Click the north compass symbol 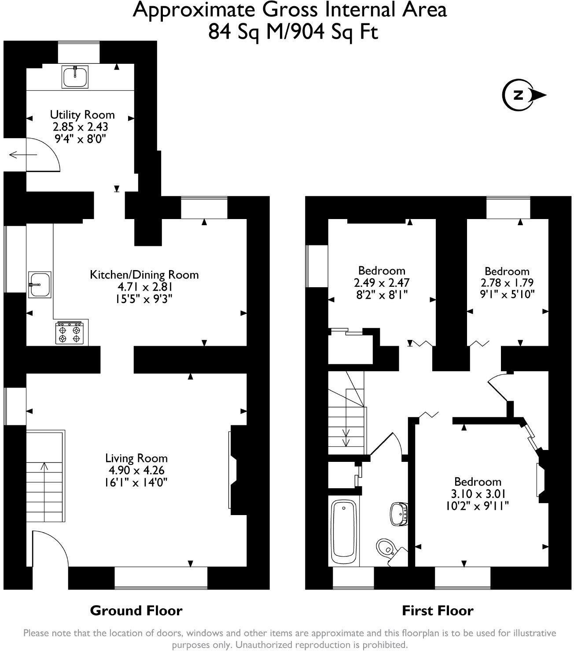pos(524,95)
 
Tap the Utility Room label pos(82,115)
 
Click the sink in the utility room pos(75,77)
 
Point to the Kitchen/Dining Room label pos(144,275)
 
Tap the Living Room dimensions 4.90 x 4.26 pos(136,470)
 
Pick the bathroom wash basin pos(399,513)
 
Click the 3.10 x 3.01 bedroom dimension pos(477,493)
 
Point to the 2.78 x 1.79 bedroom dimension pos(507,282)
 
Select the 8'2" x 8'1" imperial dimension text pos(382,294)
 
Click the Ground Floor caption pos(136,611)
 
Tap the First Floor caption pos(438,611)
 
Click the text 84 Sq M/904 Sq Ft pos(293,32)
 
